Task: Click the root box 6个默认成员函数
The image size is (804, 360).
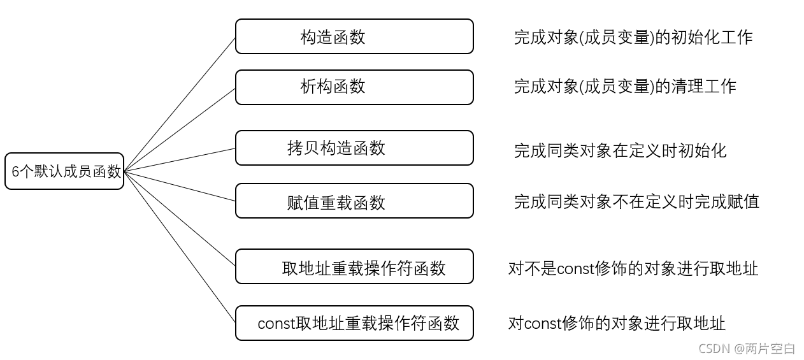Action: pos(64,171)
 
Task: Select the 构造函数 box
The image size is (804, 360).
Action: pos(354,36)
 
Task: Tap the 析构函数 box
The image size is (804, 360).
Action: pos(354,87)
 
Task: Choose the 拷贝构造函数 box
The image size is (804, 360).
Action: pos(354,148)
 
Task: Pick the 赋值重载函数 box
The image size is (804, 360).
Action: pos(354,201)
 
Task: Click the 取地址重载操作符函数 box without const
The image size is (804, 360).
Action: pos(354,266)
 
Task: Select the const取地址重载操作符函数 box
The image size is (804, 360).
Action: pos(354,323)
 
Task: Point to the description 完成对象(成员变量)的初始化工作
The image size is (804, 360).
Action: pos(633,37)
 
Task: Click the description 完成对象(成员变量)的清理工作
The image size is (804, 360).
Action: pos(625,86)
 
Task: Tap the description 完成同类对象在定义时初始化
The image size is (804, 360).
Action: pos(620,150)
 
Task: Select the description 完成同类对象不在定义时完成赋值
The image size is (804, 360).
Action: pos(636,201)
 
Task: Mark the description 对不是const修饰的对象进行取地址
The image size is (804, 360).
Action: pos(633,268)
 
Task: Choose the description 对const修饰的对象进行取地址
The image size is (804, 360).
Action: pos(616,323)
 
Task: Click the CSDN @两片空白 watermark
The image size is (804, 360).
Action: pos(747,348)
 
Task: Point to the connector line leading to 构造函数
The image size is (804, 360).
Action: pos(180,104)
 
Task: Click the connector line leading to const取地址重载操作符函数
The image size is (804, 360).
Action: pos(180,247)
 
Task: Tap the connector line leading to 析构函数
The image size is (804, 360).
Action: pos(180,130)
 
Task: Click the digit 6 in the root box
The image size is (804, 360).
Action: pos(15,171)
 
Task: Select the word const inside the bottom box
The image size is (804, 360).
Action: pos(276,324)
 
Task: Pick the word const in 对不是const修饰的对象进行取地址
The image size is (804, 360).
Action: pos(575,269)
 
